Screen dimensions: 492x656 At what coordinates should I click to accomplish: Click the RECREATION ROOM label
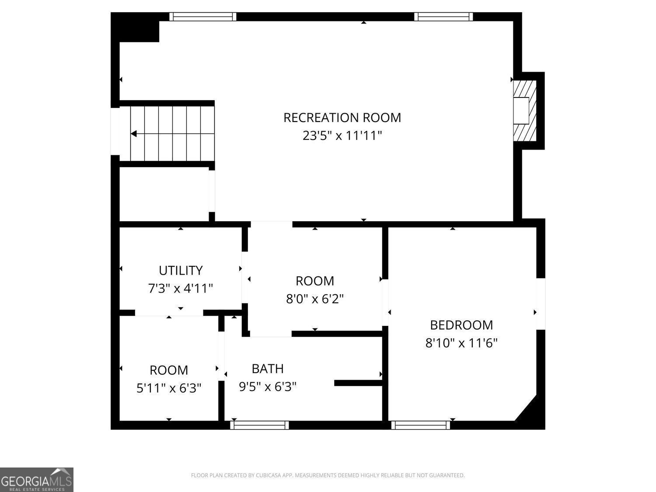point(342,118)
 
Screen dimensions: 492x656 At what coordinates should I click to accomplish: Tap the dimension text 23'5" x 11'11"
point(342,136)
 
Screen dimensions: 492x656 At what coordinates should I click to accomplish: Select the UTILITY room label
point(181,271)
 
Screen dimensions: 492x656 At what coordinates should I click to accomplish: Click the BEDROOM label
point(461,325)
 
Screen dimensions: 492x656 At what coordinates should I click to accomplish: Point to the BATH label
point(268,369)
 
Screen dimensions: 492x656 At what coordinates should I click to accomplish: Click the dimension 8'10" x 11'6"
point(461,343)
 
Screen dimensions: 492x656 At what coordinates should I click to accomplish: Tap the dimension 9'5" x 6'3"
point(268,387)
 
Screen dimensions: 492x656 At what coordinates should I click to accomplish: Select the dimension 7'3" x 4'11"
point(181,289)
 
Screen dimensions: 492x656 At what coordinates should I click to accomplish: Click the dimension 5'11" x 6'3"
point(169,388)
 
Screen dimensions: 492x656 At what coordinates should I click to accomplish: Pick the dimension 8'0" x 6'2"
point(314,299)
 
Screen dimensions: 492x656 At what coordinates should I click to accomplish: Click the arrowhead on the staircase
point(134,134)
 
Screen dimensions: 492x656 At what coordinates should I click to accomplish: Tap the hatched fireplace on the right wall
point(524,111)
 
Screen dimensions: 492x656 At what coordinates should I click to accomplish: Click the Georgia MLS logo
point(37,480)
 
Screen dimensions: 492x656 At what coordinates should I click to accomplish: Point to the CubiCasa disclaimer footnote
point(328,475)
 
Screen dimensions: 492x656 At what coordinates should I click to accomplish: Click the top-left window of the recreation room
point(203,17)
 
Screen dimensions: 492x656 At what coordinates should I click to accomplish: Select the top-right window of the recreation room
point(443,17)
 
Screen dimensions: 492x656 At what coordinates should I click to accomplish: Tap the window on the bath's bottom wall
point(259,425)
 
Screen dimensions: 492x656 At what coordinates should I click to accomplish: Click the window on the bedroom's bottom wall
point(420,425)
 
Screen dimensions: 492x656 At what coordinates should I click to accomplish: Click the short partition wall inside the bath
point(358,383)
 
